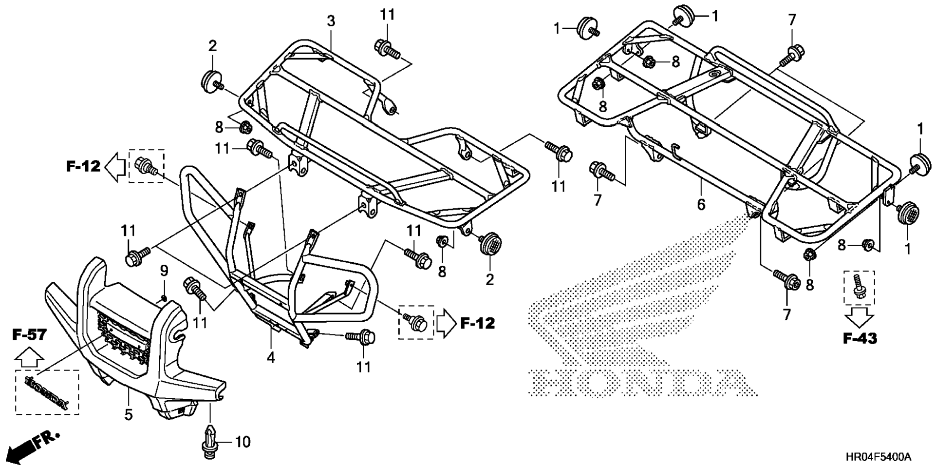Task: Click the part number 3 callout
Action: point(331,21)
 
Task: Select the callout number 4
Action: point(271,358)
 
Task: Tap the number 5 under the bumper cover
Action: point(128,415)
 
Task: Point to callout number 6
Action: point(701,204)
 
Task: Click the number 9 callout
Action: point(164,270)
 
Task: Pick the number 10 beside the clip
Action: point(243,442)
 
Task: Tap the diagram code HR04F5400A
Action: point(878,457)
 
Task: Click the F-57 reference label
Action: point(30,335)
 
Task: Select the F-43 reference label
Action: point(860,338)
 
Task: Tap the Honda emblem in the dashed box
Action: point(47,392)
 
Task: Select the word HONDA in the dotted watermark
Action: point(643,382)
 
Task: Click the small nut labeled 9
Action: point(164,298)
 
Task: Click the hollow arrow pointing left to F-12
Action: point(116,167)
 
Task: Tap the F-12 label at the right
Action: point(478,323)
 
